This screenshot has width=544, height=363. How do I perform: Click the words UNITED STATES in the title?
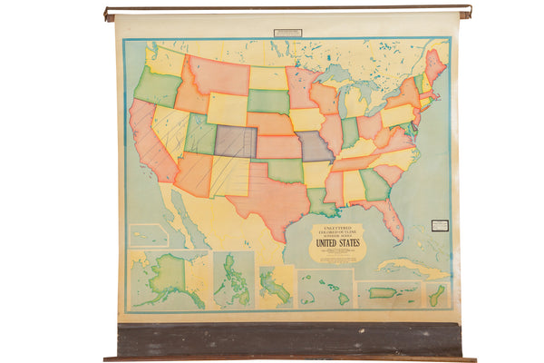click(336, 242)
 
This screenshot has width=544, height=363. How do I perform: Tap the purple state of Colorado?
click(235, 141)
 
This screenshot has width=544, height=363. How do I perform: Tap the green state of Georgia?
click(373, 183)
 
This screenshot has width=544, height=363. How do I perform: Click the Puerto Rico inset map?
click(388, 294)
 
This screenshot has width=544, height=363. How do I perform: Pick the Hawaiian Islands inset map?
click(325, 289)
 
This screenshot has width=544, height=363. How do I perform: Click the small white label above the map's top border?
click(287, 33)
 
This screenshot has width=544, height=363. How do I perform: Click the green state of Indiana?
click(350, 132)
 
